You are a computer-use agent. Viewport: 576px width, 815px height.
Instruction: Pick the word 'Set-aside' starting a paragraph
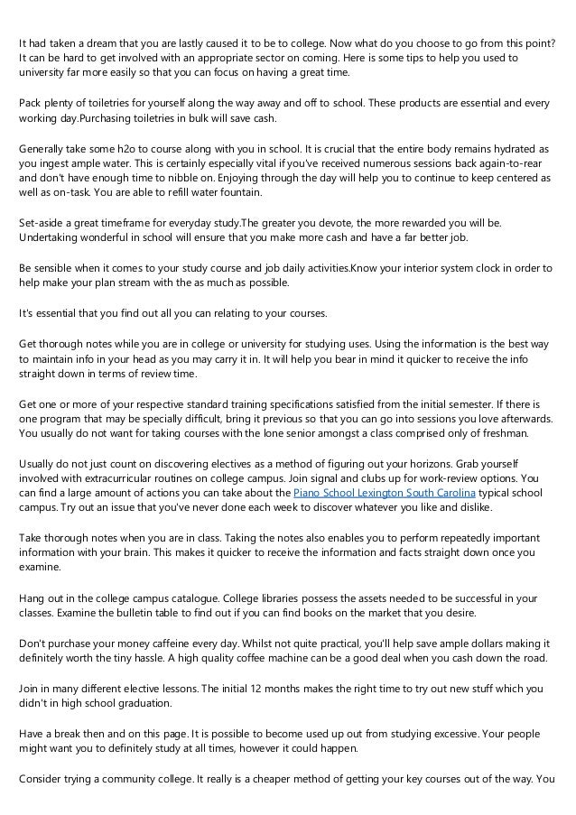click(x=42, y=222)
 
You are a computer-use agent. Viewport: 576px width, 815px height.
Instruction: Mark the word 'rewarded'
click(x=401, y=222)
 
